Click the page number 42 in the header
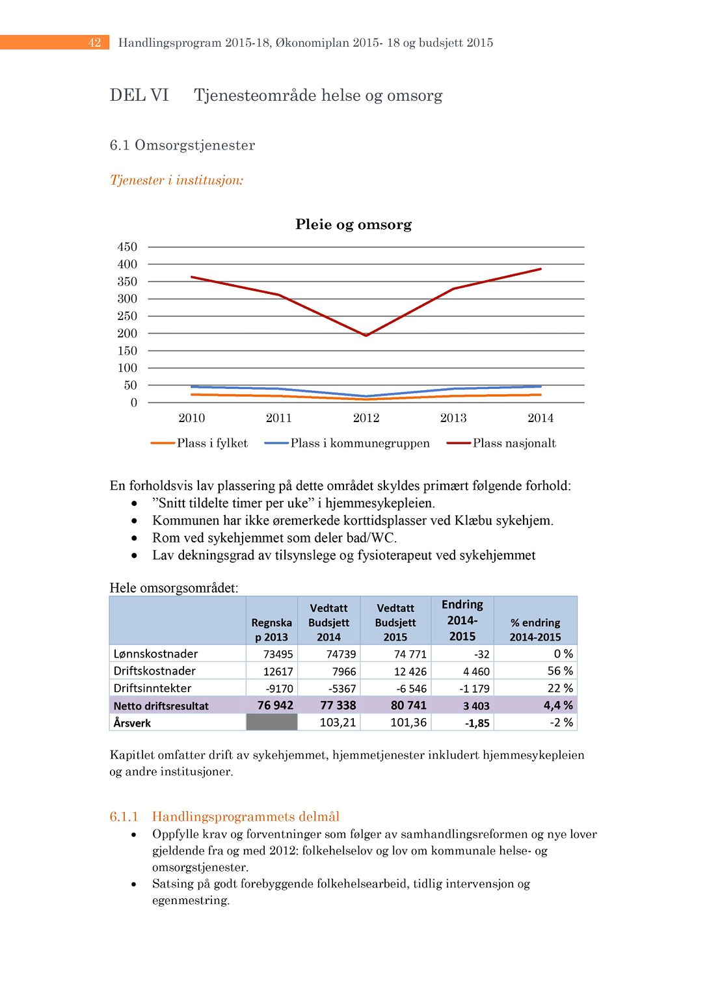point(95,43)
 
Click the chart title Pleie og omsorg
point(353,224)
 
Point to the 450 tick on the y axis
point(127,247)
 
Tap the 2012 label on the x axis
point(366,418)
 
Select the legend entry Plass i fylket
point(212,444)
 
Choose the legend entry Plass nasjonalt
point(514,444)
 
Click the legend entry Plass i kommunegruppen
point(360,444)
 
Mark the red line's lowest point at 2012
point(366,335)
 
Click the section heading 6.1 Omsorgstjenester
point(182,145)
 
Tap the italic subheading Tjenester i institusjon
point(176,180)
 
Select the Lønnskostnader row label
point(155,654)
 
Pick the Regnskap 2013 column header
point(271,630)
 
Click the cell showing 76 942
point(275,706)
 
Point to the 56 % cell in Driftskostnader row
point(560,671)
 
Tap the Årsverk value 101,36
point(408,723)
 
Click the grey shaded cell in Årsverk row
point(272,723)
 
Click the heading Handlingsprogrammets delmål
point(246,816)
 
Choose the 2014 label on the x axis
point(540,418)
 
